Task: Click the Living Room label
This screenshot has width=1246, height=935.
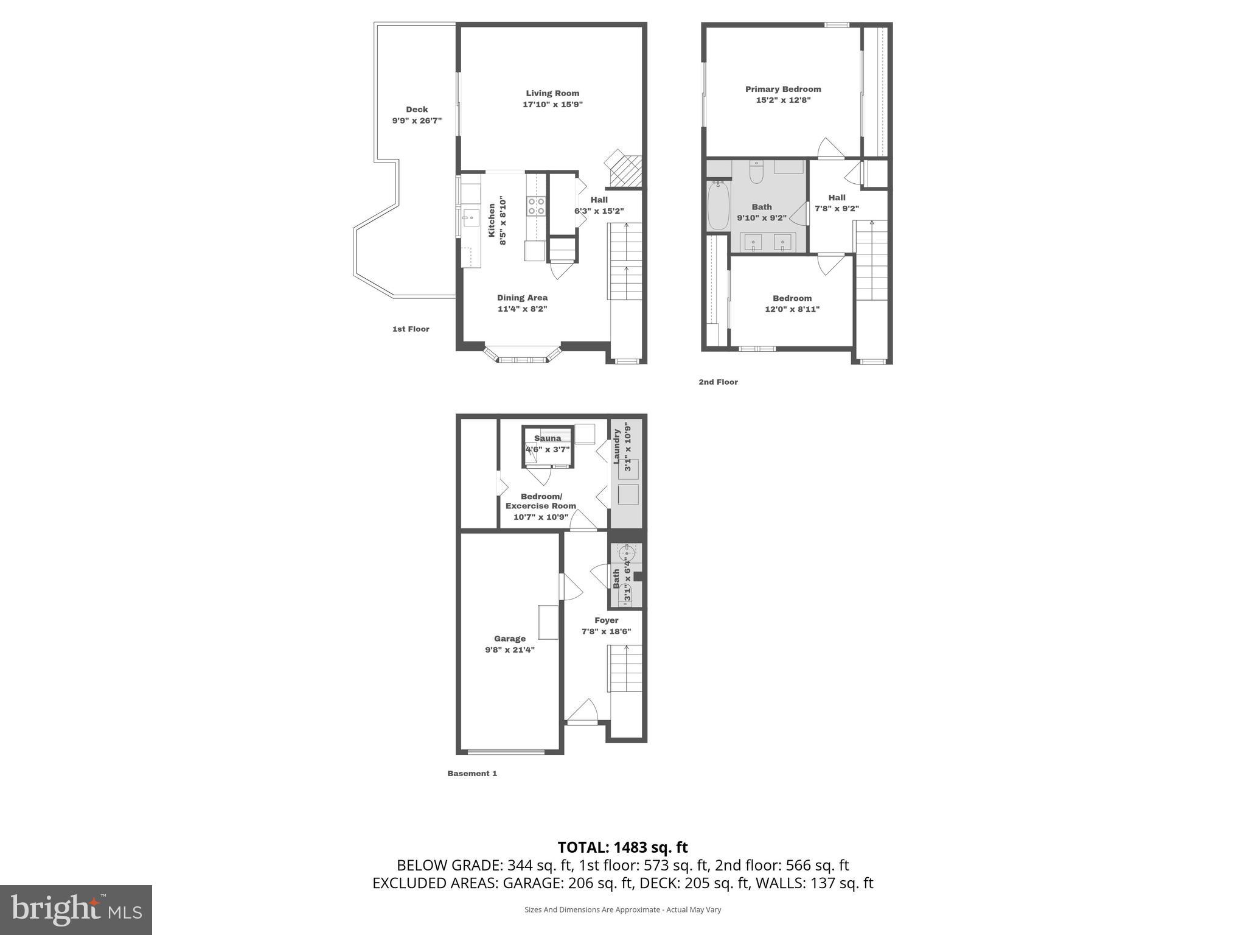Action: click(x=552, y=93)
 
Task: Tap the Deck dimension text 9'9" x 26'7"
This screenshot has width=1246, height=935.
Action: click(x=417, y=121)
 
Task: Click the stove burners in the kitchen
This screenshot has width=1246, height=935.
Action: click(x=536, y=206)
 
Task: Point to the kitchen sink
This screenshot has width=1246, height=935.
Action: click(x=471, y=217)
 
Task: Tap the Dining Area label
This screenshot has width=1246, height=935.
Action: click(x=522, y=298)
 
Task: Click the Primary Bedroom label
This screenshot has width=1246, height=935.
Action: click(x=783, y=89)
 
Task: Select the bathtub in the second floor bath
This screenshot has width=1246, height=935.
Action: click(x=719, y=206)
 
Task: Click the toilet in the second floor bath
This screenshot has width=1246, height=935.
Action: click(x=756, y=173)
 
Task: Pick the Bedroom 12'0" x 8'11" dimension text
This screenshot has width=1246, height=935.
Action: click(x=792, y=309)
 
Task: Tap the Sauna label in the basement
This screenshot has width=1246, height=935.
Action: click(x=548, y=438)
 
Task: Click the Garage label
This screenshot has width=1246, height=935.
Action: click(x=510, y=639)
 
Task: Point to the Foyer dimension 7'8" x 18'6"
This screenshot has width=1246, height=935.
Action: click(x=607, y=631)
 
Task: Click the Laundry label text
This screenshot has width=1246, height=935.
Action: click(x=617, y=446)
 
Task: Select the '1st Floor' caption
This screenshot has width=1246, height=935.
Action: click(x=411, y=329)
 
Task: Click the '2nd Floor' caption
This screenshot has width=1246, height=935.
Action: click(x=718, y=382)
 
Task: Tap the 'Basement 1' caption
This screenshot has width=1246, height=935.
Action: click(x=472, y=774)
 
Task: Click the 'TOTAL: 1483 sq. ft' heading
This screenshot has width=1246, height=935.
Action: click(x=622, y=847)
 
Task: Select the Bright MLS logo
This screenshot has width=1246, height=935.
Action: click(x=76, y=909)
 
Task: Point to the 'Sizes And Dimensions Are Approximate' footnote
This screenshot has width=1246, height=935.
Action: click(x=622, y=909)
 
